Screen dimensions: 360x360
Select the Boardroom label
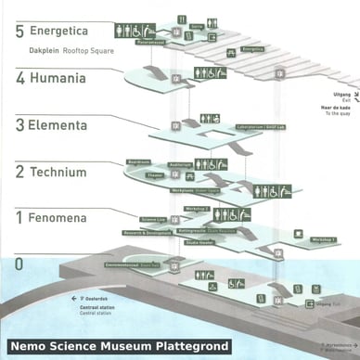[x=138, y=160]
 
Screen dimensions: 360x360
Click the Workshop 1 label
[x=324, y=239]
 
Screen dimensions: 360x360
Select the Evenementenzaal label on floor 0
[x=125, y=264]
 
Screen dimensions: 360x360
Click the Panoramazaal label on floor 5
[x=150, y=42]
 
